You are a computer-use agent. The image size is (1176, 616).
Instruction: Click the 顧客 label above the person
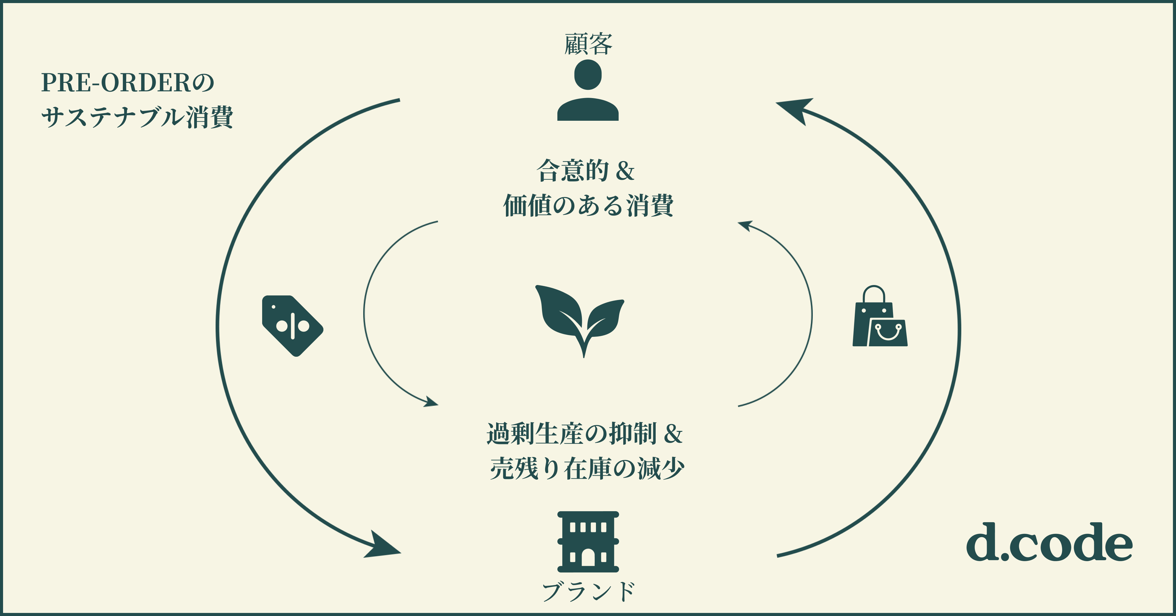[588, 44]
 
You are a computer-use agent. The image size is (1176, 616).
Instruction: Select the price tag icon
[292, 325]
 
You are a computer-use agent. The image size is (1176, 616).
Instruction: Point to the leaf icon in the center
[580, 318]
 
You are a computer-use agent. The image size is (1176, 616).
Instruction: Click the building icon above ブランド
[588, 542]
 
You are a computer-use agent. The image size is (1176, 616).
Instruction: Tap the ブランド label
[588, 591]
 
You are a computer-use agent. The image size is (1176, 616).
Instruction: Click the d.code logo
[1049, 543]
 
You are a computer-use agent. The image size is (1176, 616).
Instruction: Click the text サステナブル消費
[137, 117]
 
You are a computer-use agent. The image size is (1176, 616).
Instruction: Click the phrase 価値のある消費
[588, 205]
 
